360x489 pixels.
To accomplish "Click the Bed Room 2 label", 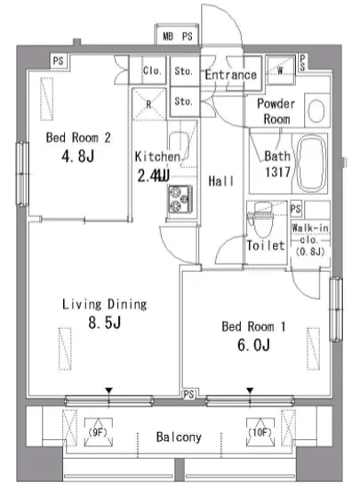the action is point(78,138).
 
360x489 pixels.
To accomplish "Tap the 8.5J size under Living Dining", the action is point(104,323).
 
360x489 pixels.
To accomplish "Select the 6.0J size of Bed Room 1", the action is point(253,345).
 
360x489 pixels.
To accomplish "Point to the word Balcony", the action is point(179,437).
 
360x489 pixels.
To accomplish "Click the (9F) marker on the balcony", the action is point(98,433).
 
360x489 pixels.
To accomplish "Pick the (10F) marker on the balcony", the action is point(260,433).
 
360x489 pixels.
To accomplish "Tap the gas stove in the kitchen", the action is point(180,199).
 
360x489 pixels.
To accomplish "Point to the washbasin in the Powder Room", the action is point(316,111).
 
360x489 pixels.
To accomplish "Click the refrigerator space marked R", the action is point(148,105).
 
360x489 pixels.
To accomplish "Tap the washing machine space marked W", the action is point(280,70).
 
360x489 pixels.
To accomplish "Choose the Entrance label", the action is point(230,75).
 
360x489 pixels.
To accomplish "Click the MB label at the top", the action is point(168,36).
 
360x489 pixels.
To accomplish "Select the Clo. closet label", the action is point(152,71).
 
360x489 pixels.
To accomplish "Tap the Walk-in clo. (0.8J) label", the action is point(310,239).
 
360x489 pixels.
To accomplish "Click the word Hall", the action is point(221,180).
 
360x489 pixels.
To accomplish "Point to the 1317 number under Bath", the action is point(277,172).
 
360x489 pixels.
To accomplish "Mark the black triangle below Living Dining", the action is point(108,390).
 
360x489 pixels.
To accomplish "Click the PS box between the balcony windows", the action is point(188,395).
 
